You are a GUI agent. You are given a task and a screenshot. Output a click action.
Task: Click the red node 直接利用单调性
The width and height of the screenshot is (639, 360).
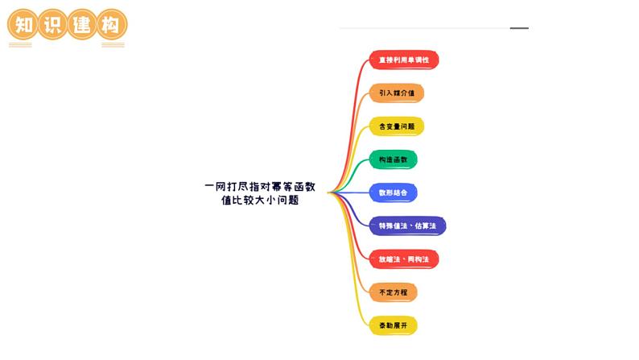click(x=404, y=60)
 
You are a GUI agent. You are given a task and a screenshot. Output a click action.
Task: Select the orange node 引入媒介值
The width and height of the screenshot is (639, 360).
click(x=397, y=93)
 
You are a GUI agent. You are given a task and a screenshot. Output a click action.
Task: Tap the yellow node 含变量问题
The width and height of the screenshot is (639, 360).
click(x=397, y=126)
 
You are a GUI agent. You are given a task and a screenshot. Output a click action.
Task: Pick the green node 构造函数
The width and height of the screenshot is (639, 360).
click(x=394, y=159)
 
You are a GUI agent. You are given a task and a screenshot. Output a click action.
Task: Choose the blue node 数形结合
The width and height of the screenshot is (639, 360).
click(x=394, y=192)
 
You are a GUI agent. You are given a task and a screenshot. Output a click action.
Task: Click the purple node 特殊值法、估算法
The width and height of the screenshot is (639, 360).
click(x=407, y=226)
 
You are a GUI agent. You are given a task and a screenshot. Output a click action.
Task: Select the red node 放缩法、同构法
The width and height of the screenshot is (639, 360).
click(x=404, y=259)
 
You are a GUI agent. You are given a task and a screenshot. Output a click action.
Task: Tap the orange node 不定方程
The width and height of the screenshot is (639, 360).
click(x=394, y=292)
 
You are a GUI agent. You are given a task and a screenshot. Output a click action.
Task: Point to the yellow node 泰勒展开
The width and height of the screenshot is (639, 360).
click(x=394, y=325)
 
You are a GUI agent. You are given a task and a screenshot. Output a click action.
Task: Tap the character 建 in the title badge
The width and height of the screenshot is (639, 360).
click(x=82, y=24)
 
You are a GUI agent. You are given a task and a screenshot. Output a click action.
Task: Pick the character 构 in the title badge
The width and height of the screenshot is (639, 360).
click(x=111, y=24)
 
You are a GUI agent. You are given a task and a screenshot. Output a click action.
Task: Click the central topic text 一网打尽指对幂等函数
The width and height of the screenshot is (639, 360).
click(x=260, y=187)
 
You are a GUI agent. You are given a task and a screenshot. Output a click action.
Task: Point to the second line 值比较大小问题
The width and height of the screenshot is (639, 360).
click(x=260, y=201)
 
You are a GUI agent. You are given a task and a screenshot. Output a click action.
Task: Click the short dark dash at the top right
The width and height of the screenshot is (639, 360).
click(x=519, y=28)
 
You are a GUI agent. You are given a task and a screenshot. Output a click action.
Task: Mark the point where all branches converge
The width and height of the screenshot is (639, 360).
click(x=329, y=192)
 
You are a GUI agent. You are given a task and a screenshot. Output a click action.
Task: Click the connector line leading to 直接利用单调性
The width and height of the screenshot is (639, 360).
click(x=354, y=89)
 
